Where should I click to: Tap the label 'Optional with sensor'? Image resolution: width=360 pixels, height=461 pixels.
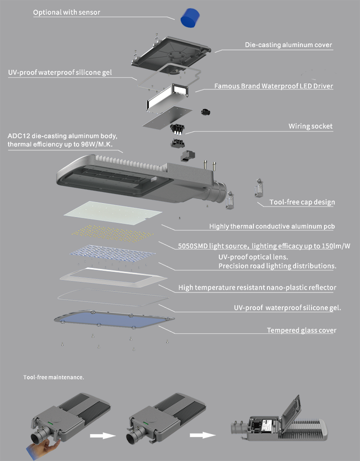click(x=67, y=12)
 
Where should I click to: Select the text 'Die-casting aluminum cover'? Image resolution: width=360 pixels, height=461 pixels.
click(x=288, y=45)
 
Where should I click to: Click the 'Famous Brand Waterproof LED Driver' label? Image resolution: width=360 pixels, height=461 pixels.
click(x=274, y=86)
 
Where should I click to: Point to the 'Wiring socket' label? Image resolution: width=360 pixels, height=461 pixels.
click(x=311, y=126)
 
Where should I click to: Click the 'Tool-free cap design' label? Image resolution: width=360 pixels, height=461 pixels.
click(x=302, y=202)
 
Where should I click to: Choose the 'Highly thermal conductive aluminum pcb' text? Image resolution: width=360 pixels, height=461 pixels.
click(x=272, y=226)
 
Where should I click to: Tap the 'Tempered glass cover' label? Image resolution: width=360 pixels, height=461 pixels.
click(x=301, y=330)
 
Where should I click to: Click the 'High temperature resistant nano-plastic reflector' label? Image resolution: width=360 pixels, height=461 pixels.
click(x=257, y=288)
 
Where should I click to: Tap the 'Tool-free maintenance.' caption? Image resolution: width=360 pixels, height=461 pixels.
click(x=54, y=377)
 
